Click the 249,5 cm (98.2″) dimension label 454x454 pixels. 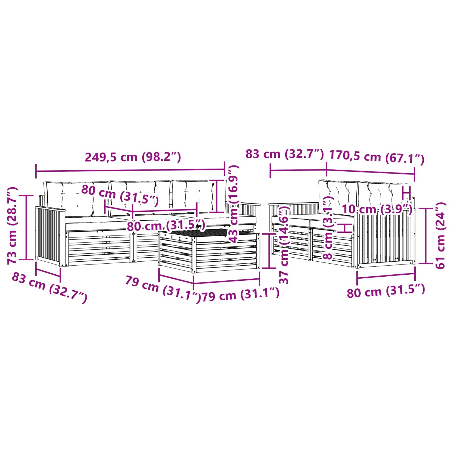[133, 157]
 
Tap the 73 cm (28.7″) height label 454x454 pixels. [12, 226]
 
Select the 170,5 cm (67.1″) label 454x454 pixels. [377, 158]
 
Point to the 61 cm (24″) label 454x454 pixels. [441, 236]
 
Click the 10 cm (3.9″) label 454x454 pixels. [377, 209]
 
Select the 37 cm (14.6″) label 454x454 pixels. [284, 244]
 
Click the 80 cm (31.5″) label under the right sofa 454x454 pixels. [386, 291]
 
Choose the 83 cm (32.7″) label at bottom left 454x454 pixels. [49, 287]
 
